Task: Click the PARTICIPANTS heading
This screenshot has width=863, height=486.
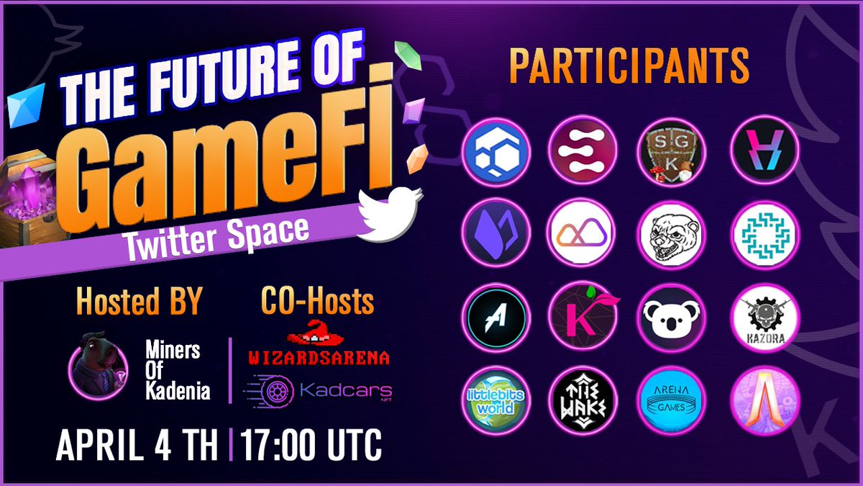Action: click(x=629, y=66)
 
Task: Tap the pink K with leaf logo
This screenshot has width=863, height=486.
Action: click(x=584, y=322)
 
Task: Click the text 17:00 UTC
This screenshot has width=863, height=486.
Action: click(x=311, y=447)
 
